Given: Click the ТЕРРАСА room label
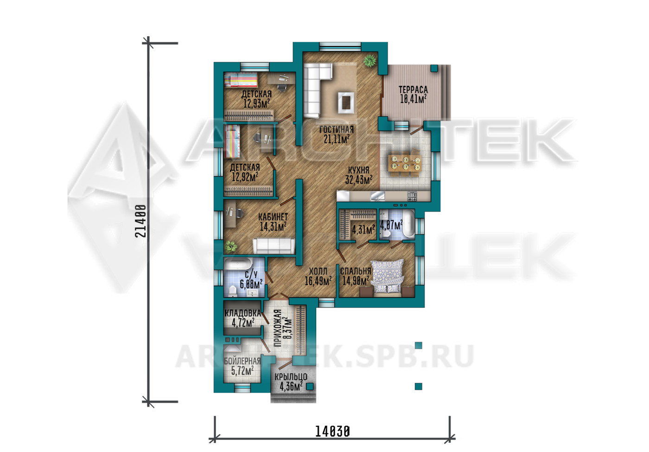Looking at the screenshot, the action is point(413,89).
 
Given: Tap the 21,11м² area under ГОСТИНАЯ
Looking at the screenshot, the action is point(337,139).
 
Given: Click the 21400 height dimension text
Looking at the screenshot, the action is point(141,221).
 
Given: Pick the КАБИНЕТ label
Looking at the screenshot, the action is point(273,217).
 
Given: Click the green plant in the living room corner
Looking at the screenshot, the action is point(370,61).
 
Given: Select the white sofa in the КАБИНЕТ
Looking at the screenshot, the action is point(274,246).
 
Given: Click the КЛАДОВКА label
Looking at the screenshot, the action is point(243,313).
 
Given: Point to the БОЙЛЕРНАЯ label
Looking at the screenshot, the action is point(242,361).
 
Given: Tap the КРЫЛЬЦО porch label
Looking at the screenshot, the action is point(291,377).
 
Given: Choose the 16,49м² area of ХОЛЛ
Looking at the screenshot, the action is point(318,281).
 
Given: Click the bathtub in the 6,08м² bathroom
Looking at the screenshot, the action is point(238,264).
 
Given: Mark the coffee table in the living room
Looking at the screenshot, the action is point(346,102).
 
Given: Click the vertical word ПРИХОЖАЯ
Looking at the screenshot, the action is point(278,328).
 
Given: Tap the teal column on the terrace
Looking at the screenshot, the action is point(434,69).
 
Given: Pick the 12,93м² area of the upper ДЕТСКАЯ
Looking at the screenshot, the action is point(256,103).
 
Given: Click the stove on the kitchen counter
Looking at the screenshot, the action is point(412,197).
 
